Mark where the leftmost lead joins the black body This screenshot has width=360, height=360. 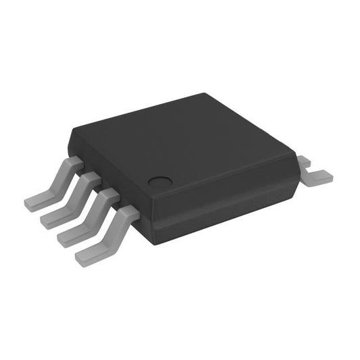pos(75,161)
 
